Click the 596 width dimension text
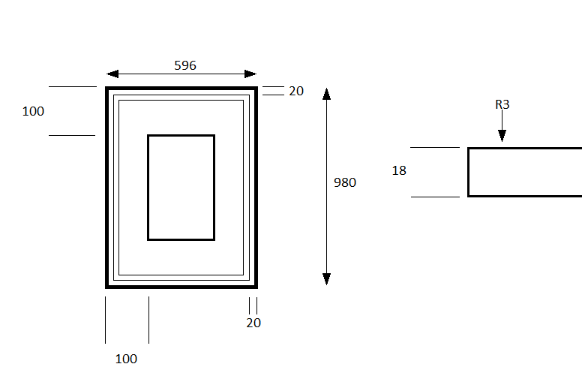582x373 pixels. click(x=185, y=65)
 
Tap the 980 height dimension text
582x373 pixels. click(x=345, y=182)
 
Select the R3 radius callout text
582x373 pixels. click(x=502, y=104)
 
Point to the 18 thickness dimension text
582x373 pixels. click(x=399, y=170)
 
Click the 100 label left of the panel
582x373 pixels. click(x=33, y=111)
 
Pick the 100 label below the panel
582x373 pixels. click(x=126, y=359)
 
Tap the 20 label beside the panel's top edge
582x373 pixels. click(x=296, y=91)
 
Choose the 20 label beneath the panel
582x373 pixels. click(x=253, y=323)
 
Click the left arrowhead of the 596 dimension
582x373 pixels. click(x=112, y=74)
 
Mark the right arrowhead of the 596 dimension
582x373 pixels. click(x=250, y=74)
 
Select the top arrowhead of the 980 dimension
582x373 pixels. click(x=327, y=94)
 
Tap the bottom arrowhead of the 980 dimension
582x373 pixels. click(x=327, y=279)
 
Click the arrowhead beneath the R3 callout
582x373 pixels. click(x=502, y=136)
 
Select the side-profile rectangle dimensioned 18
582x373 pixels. click(x=469, y=172)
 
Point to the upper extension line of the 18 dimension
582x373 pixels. click(x=435, y=148)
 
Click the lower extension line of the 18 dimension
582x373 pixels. click(x=436, y=197)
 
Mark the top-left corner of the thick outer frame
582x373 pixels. click(x=106, y=87)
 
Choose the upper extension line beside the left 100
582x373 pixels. click(x=73, y=86)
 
